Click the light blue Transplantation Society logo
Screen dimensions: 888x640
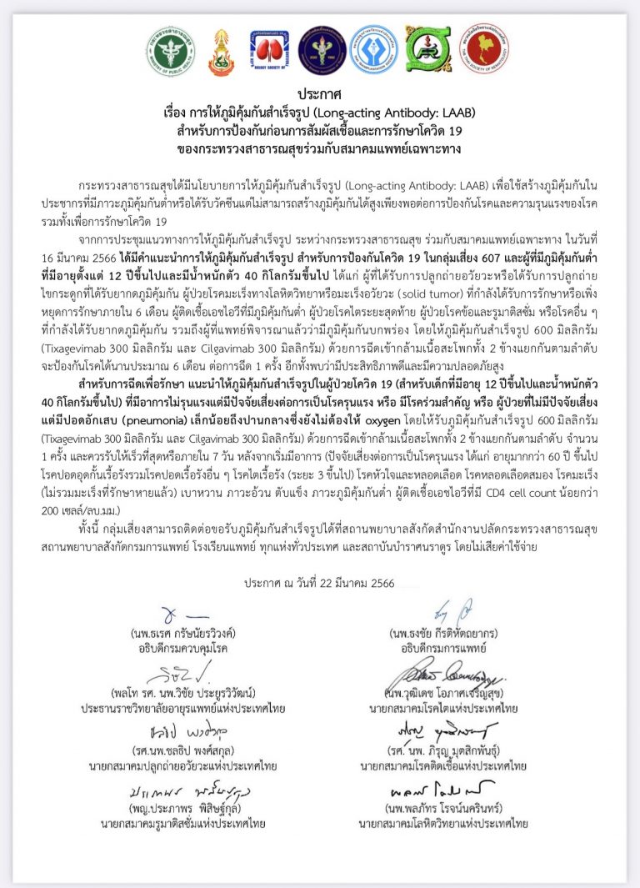pos(372,49)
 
